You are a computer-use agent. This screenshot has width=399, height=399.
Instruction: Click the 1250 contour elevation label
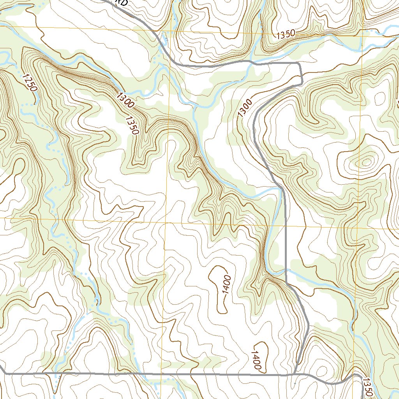coord(29,83)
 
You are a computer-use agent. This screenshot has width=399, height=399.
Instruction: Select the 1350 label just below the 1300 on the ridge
coord(132,125)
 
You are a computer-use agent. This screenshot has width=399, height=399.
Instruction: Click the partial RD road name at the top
coord(122,2)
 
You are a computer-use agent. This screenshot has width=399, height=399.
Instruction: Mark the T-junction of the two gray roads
coord(295,374)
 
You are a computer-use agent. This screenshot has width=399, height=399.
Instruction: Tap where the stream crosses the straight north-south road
coord(285,270)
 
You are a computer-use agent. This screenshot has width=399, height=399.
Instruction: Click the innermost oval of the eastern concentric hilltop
coord(366,161)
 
